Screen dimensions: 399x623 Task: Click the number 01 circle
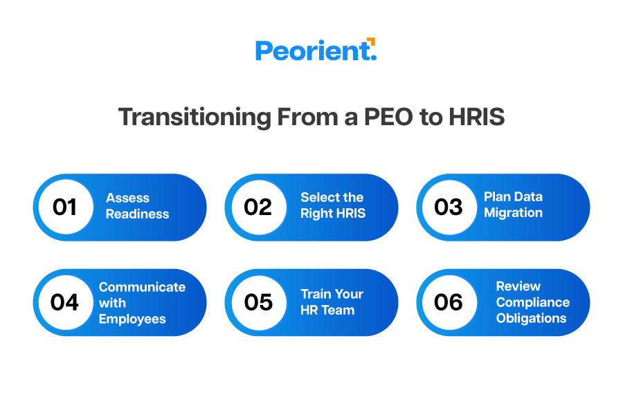point(65,207)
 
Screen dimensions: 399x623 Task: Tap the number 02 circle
point(258,207)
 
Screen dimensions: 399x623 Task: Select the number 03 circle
point(449,207)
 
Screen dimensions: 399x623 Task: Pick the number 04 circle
point(65,302)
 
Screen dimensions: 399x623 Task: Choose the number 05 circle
point(258,302)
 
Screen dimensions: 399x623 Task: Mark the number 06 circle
point(449,302)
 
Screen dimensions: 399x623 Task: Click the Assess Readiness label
point(137,206)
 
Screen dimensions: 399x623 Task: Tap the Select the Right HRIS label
point(332,205)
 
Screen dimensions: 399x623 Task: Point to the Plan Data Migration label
point(513,205)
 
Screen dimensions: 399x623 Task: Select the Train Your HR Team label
point(332,302)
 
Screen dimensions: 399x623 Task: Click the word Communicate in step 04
point(142,287)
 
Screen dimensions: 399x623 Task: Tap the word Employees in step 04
point(132,319)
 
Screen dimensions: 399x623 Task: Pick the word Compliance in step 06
point(532,302)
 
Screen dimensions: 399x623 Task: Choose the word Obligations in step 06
point(531,318)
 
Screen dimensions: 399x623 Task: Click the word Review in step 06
point(518,286)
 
